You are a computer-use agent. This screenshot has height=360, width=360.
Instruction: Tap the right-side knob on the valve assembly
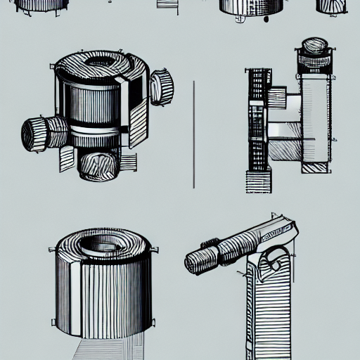click(x=162, y=87)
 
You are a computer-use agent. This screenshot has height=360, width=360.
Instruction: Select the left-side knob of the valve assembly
click(x=35, y=133)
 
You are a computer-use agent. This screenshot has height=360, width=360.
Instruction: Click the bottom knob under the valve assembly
click(x=96, y=165)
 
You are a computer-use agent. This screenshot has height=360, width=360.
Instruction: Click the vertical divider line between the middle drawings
click(x=193, y=134)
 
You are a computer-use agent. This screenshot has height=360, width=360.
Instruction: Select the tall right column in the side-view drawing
click(x=316, y=112)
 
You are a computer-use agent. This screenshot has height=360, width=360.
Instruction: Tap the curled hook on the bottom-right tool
click(x=276, y=263)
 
